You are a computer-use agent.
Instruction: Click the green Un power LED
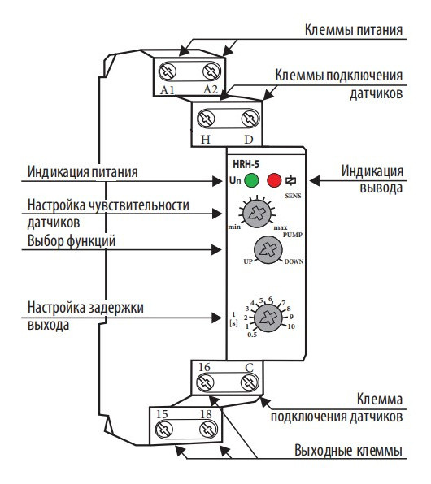[252, 179]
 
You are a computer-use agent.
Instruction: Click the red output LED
[274, 179]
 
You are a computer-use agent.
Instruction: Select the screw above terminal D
[247, 119]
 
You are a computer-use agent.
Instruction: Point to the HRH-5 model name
[247, 163]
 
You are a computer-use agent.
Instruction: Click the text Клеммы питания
[353, 32]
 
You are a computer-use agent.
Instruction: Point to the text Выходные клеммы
[347, 449]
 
